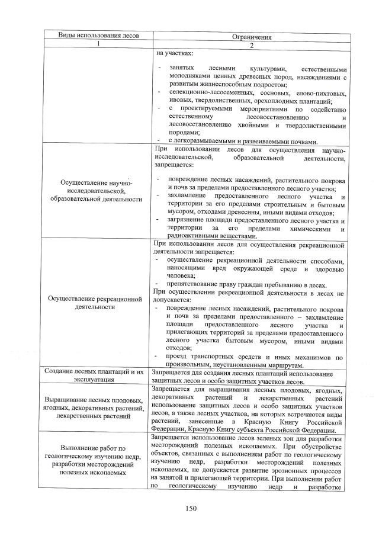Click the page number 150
coord(190,508)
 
